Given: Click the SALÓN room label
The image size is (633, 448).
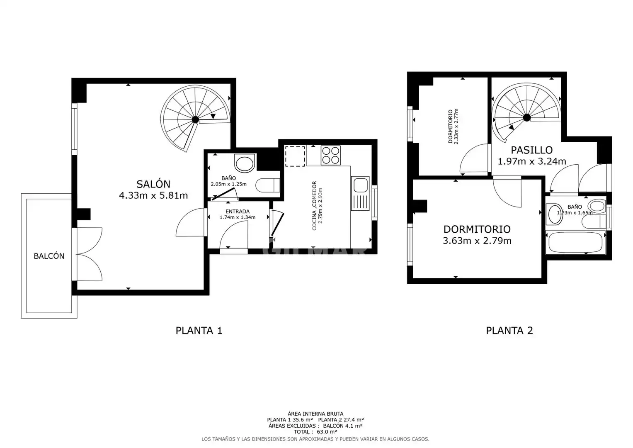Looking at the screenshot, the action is [x=153, y=184].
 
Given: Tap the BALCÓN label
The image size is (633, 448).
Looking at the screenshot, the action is [x=49, y=256].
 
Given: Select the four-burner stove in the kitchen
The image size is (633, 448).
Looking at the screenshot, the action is [x=331, y=155].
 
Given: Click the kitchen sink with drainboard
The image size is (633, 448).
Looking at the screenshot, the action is [x=360, y=193].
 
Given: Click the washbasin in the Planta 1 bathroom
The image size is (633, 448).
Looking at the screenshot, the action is [x=245, y=163].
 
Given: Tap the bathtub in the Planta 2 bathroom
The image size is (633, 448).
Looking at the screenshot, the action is [x=575, y=242].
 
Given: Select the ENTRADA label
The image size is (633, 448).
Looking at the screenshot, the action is [x=238, y=212].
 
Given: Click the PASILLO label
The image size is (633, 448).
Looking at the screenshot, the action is [x=532, y=150].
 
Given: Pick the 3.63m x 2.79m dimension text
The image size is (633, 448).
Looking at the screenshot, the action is [x=477, y=241].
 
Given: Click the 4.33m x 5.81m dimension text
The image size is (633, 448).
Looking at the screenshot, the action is [x=153, y=195].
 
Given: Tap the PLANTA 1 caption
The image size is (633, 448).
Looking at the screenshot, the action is [x=199, y=330].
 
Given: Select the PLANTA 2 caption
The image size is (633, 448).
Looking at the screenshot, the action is [x=509, y=330].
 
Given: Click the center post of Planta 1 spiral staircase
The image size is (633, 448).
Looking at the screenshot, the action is [x=195, y=119].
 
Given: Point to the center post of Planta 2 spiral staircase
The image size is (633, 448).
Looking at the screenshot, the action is [x=527, y=117].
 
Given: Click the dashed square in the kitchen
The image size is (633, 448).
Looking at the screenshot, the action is [x=295, y=156].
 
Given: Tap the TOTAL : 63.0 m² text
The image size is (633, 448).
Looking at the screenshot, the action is [x=315, y=432].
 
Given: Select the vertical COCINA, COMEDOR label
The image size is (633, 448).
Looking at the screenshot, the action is [x=314, y=206].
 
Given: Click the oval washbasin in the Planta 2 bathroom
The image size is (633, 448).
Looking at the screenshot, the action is [x=554, y=214].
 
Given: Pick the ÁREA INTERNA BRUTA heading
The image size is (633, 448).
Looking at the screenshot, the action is [x=315, y=414].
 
